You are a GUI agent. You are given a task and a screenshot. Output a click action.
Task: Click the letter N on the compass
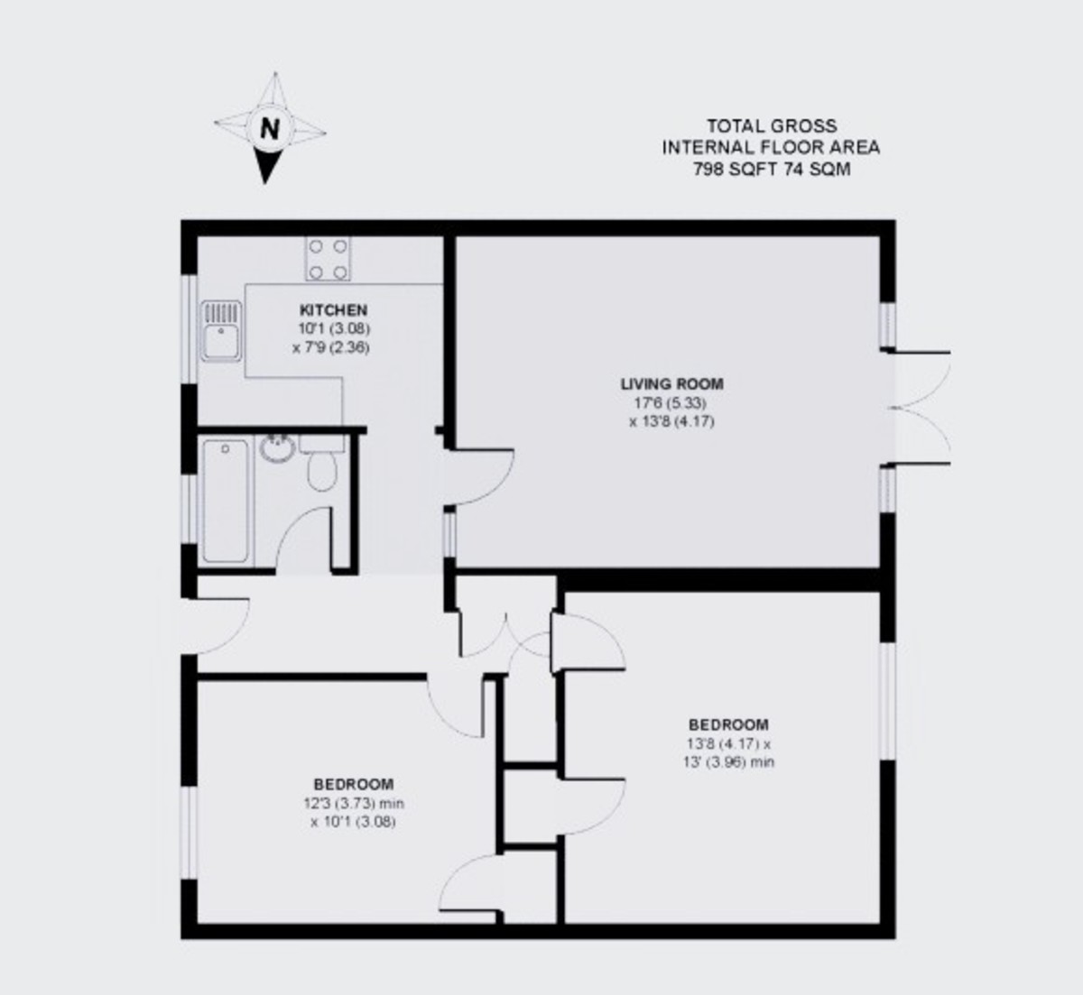(x=270, y=127)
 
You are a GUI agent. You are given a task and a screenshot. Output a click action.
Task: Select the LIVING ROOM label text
(x=671, y=383)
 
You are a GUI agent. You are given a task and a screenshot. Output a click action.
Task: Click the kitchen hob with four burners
(x=328, y=258)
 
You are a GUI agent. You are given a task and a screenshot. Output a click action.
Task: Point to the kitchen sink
(x=221, y=331)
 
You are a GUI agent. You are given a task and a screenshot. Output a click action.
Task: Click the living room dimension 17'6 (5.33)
(x=671, y=402)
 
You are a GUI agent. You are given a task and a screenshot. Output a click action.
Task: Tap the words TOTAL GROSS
(x=771, y=126)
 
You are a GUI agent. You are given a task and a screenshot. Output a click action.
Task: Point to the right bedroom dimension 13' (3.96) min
(x=729, y=762)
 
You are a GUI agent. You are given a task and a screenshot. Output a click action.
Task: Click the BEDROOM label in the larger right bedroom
(x=728, y=724)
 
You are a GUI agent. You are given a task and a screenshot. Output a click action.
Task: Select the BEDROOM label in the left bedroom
(x=353, y=784)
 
